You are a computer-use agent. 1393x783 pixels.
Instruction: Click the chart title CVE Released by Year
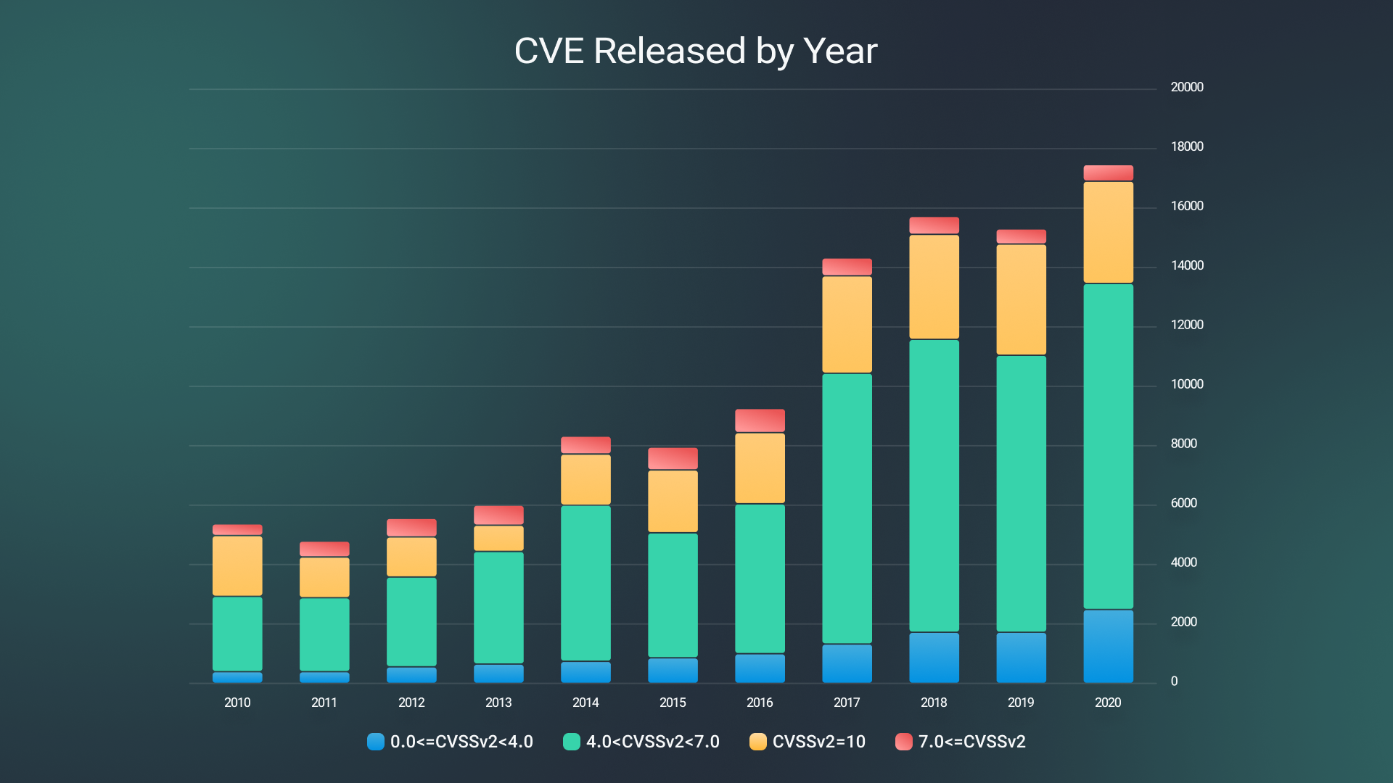click(696, 51)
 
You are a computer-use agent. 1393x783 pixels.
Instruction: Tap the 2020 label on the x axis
click(1108, 703)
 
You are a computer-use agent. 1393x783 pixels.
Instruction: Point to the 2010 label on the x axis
click(237, 703)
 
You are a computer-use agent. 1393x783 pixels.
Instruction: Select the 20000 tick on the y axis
click(1187, 87)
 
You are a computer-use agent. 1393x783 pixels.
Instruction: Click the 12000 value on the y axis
click(1187, 325)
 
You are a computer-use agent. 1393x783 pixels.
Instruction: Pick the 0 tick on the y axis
click(1174, 681)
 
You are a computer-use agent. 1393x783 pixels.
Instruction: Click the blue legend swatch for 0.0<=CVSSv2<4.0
click(376, 742)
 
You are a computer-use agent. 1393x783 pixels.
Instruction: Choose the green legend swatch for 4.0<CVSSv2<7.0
click(572, 742)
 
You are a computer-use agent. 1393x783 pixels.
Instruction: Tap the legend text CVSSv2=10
click(818, 742)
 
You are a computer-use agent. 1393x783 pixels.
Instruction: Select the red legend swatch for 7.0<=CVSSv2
click(903, 742)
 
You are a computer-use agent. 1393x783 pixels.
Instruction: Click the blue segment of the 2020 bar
click(1108, 646)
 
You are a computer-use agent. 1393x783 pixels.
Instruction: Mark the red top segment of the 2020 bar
click(1108, 173)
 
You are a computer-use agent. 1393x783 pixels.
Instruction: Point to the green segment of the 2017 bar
click(847, 507)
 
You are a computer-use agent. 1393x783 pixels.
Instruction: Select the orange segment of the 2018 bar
click(934, 286)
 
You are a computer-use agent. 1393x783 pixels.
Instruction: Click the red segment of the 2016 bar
click(760, 420)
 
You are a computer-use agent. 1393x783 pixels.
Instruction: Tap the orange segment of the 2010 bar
click(237, 565)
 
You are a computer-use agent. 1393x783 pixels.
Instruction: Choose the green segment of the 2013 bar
click(498, 608)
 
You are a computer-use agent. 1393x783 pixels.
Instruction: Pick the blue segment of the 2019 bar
click(1021, 658)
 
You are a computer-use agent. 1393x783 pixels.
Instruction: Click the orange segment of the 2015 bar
click(673, 501)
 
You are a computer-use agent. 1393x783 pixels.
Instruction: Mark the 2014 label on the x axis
click(585, 703)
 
